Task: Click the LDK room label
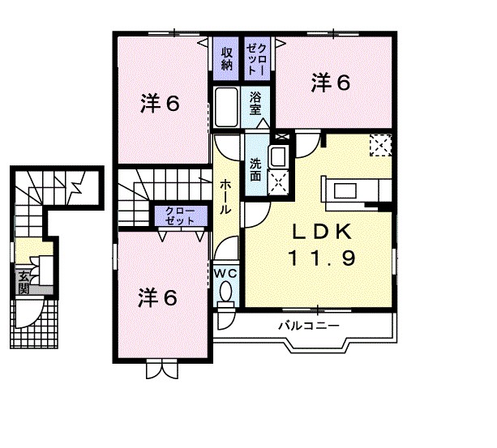321,232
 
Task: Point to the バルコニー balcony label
309,326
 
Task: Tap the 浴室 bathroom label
255,101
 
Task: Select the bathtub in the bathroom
226,108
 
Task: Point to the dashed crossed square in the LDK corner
380,146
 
